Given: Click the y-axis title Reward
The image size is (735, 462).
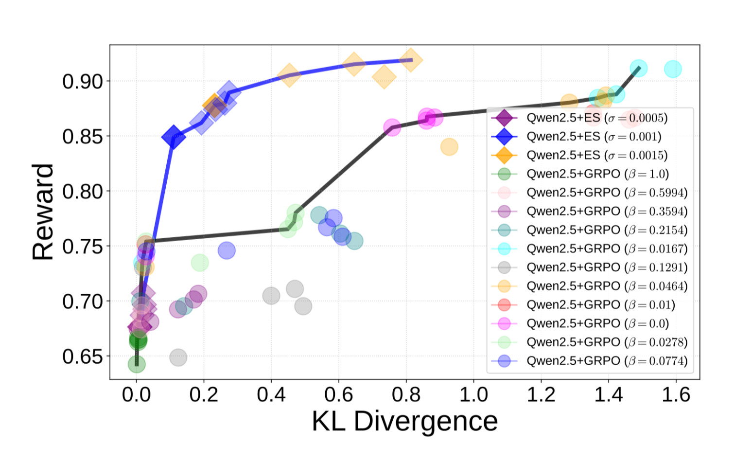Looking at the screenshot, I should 43,212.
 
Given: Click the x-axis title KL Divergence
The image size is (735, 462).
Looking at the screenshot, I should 404,421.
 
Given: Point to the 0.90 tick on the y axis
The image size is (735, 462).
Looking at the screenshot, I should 83,82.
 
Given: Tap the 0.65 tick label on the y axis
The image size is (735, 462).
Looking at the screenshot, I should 83,356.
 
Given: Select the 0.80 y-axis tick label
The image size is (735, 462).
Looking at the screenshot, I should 83,192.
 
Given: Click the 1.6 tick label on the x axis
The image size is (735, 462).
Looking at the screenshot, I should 676,394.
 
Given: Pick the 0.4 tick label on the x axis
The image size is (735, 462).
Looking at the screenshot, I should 271,394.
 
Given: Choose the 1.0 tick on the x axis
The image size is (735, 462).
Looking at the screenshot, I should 473,394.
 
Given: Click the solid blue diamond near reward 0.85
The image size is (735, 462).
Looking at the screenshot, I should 173,137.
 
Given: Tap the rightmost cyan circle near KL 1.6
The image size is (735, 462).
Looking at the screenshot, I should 673,69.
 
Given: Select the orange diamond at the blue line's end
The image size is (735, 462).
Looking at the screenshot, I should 411,60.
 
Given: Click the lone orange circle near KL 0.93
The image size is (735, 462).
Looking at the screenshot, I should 449,147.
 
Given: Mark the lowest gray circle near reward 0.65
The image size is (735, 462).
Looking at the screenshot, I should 178,357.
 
